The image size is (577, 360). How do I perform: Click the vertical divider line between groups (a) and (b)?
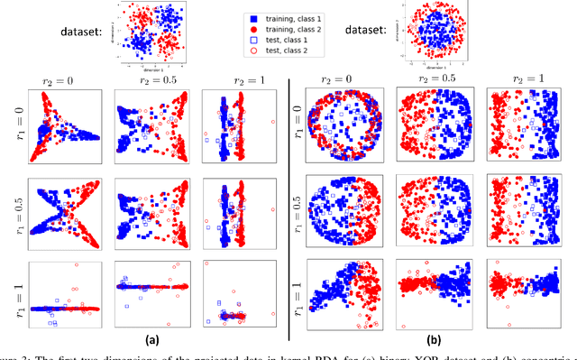[288, 208]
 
